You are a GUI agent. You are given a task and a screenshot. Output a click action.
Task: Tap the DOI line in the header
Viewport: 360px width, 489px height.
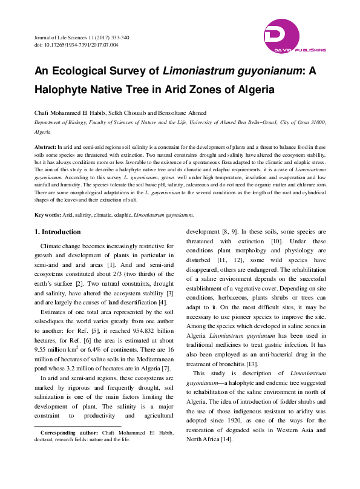click(x=76, y=45)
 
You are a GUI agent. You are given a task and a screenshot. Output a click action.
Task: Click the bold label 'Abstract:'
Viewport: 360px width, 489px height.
click(x=45, y=147)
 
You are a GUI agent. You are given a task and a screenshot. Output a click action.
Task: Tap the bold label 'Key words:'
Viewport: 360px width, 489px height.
click(x=48, y=215)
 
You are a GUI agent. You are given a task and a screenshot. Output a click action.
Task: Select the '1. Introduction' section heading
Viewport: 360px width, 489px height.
click(x=57, y=232)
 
